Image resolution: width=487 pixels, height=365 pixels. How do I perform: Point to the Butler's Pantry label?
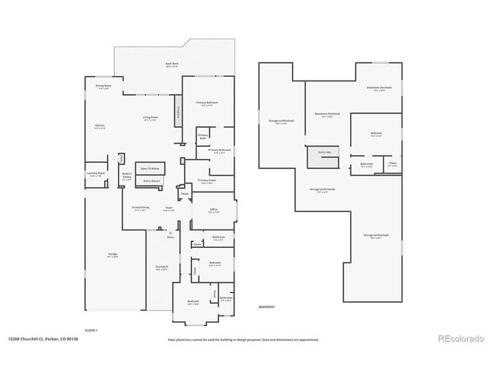point(127,176)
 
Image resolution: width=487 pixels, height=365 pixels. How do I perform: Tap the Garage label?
point(113,255)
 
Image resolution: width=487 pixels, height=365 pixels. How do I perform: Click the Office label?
point(214,212)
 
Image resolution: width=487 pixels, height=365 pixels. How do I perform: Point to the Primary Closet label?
point(207,180)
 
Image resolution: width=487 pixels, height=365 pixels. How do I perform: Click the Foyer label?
point(170,207)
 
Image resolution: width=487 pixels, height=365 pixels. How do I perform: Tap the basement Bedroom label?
point(375,134)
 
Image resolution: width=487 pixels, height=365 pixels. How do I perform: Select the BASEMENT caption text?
point(267,306)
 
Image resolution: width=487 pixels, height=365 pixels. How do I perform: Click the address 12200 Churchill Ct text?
point(43,339)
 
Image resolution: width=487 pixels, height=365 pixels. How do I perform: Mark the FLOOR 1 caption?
point(91,331)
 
